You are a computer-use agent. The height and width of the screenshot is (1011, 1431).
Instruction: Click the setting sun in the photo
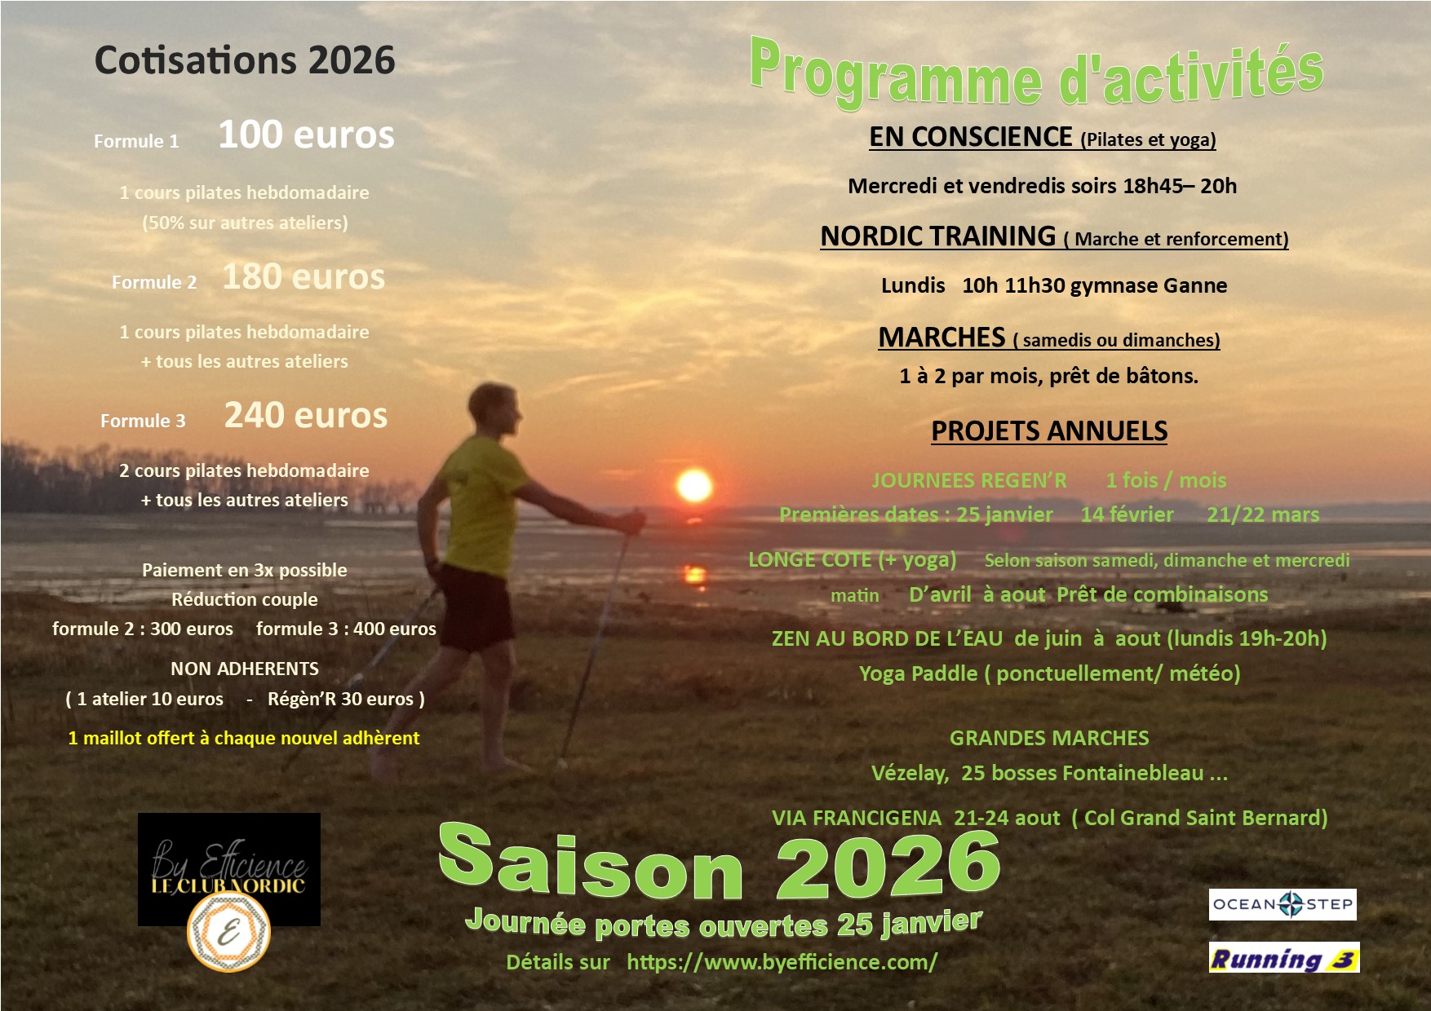click(x=694, y=486)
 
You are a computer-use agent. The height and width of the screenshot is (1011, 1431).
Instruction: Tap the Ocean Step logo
click(x=1283, y=904)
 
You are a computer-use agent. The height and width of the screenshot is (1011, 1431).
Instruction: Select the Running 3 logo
click(x=1284, y=958)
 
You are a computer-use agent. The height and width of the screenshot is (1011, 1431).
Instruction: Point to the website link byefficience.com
click(x=782, y=962)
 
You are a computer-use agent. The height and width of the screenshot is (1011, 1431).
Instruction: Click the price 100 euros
click(x=306, y=135)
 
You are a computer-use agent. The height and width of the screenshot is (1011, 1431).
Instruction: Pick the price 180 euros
click(x=303, y=277)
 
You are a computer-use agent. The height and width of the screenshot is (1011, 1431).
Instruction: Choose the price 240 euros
click(x=306, y=416)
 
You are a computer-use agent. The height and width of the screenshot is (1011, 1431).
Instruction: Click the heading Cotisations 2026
click(x=245, y=60)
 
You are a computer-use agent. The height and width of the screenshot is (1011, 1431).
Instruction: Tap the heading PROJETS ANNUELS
click(x=1049, y=430)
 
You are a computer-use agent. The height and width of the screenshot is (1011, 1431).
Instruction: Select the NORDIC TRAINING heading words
click(x=937, y=236)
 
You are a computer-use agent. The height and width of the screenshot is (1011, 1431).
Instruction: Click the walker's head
click(x=494, y=412)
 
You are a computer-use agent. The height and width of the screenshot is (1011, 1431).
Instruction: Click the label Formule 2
click(x=154, y=283)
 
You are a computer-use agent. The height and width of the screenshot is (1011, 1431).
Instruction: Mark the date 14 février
click(x=1127, y=514)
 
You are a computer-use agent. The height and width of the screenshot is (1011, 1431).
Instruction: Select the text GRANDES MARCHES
click(x=1049, y=738)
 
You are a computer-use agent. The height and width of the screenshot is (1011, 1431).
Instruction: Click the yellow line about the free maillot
click(x=243, y=738)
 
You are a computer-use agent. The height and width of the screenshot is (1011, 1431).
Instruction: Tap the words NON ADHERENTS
click(x=245, y=669)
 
